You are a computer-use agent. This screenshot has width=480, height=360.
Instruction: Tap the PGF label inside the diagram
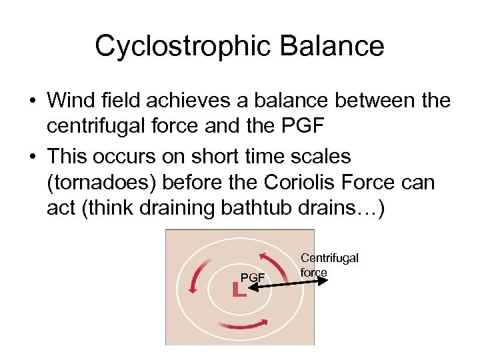253,276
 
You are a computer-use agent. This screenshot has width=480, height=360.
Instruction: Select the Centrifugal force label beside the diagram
329,265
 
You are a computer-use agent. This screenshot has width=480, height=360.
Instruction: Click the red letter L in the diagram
238,289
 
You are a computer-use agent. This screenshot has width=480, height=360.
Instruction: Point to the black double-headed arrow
287,285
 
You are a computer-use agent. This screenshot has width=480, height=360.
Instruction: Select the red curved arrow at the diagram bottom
242,324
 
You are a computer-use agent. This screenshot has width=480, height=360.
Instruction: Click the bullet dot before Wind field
32,102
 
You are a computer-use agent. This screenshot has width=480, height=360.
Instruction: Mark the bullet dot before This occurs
32,157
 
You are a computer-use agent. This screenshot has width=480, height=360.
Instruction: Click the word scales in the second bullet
327,156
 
